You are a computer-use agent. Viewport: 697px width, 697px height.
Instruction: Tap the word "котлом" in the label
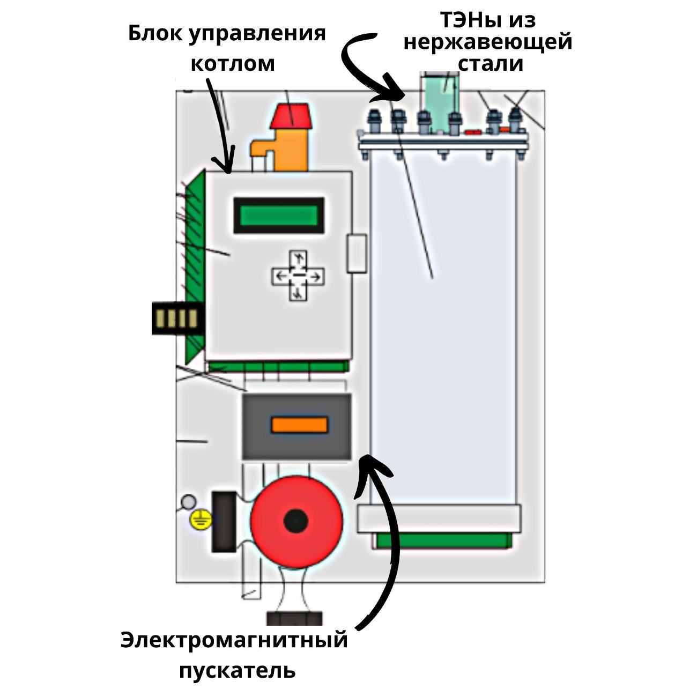click(233, 63)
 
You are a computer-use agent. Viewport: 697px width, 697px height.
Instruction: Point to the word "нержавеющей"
click(488, 41)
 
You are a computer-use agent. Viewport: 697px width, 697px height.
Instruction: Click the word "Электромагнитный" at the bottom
click(234, 640)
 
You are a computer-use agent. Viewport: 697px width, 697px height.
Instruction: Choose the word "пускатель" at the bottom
click(237, 670)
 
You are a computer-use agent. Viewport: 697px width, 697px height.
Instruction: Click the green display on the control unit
click(278, 216)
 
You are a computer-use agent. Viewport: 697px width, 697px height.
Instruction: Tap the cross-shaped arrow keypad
click(298, 276)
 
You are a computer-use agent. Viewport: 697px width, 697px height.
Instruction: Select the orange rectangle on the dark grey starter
click(299, 425)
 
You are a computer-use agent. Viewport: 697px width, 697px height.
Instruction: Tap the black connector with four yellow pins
click(177, 318)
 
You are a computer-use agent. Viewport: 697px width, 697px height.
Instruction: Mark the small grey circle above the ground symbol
click(188, 502)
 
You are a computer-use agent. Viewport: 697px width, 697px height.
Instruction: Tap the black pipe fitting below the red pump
click(294, 618)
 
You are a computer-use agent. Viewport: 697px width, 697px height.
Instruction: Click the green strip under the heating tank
click(442, 541)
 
